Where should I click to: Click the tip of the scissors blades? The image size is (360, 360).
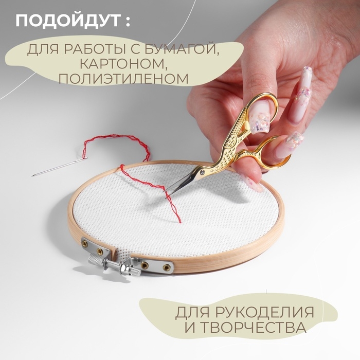(168, 196)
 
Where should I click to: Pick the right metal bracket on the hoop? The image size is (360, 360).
(154, 265)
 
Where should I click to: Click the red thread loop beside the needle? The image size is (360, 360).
(116, 147)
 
